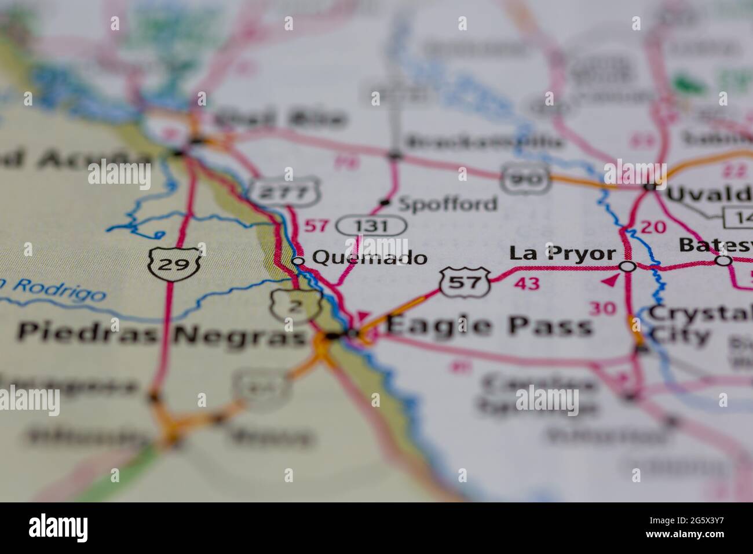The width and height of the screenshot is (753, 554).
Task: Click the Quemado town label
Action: coord(370,258)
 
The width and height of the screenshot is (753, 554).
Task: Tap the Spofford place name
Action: coord(448,203)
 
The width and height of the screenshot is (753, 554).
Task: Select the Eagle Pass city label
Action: coord(489,326)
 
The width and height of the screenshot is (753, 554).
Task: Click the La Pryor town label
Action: coord(562,253)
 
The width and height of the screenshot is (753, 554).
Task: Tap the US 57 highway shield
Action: coord(465,282)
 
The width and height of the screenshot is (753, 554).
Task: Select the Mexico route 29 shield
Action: coord(174,264)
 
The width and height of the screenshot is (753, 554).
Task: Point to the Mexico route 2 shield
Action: coord(295,306)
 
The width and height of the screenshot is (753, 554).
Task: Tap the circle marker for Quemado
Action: coord(298,261)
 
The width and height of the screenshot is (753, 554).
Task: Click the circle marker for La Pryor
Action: coord(627,267)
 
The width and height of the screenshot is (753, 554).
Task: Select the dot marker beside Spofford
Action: coord(385,202)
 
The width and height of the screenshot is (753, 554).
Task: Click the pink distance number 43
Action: coord(526,283)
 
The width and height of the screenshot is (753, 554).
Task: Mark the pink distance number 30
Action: coord(602,309)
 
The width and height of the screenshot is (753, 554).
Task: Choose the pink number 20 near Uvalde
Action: coord(653,227)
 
